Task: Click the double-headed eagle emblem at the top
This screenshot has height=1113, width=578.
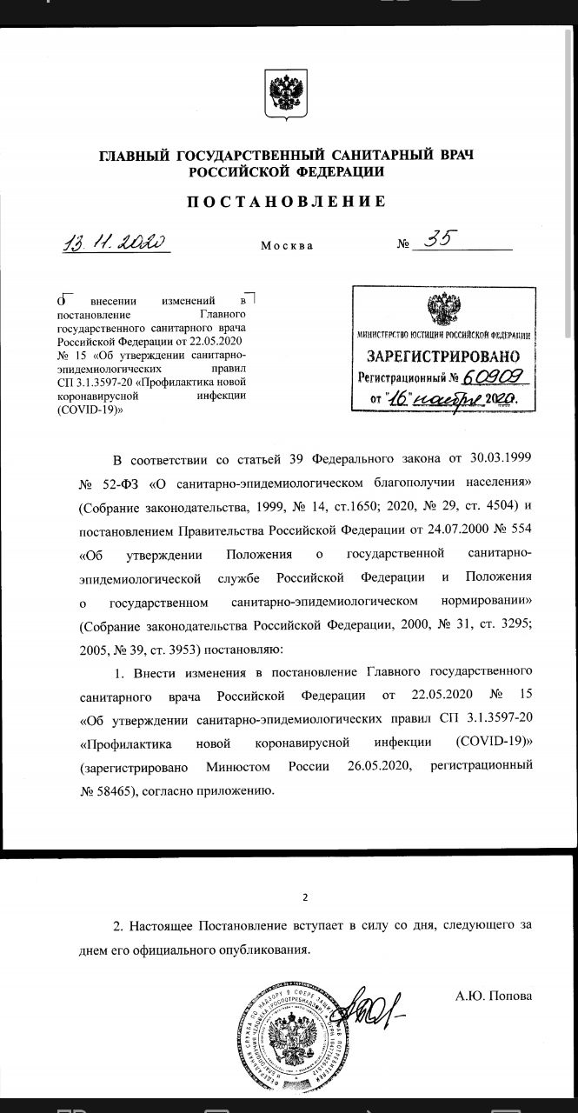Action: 286,94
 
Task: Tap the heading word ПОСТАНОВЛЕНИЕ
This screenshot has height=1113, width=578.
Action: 286,202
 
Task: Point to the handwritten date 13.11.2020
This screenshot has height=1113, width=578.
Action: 115,242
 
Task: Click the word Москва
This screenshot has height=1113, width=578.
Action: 287,245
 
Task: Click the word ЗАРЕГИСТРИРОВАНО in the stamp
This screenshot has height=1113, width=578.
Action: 443,357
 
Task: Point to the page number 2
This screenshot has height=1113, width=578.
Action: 304,897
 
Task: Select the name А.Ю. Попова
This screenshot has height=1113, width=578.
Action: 493,996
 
